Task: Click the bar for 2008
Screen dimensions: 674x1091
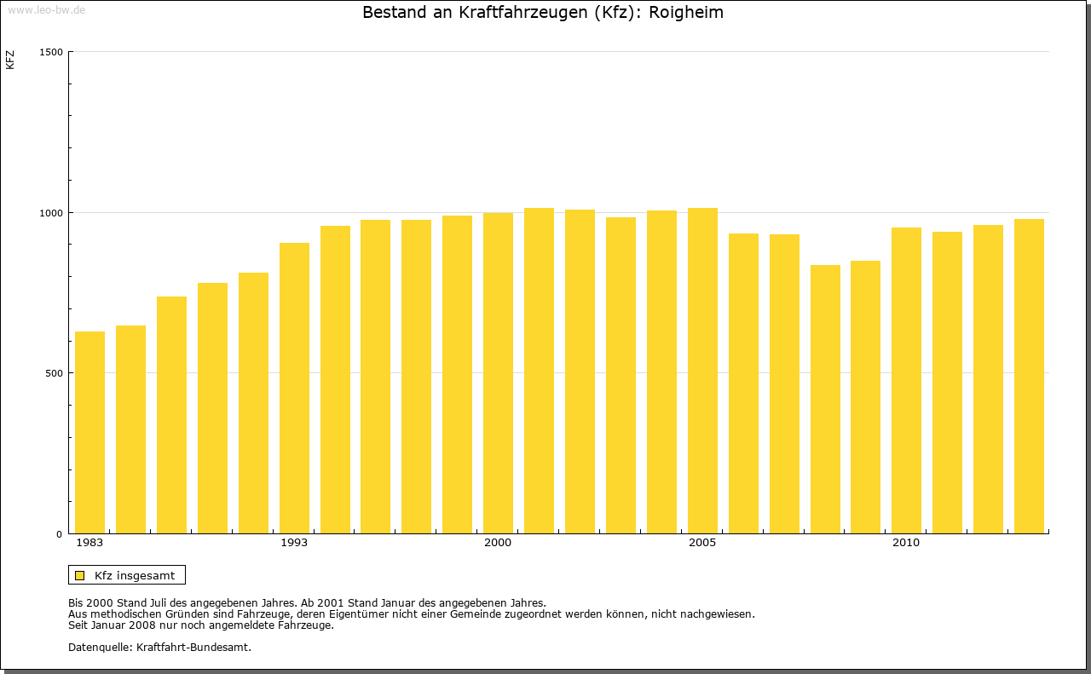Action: (825, 400)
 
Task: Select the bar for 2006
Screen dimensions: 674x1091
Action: (743, 383)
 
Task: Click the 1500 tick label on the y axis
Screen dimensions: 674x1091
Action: (51, 52)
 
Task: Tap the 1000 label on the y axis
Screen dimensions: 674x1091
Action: (51, 212)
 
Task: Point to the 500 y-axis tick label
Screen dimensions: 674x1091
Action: (54, 373)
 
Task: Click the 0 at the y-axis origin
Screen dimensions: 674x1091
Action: (60, 534)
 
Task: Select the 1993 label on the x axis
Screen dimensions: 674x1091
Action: (294, 543)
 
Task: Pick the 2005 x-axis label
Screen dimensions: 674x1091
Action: (702, 543)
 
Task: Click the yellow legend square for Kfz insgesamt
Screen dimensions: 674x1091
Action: (79, 575)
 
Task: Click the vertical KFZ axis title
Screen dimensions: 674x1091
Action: (10, 60)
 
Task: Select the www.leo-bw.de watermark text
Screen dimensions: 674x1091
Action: (46, 9)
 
